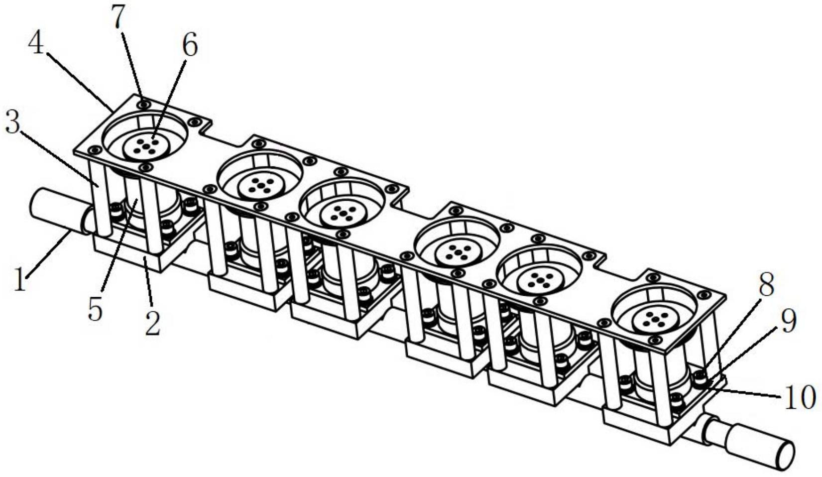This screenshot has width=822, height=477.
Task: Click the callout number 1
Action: click(20, 279)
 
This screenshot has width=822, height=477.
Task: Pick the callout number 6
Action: click(190, 44)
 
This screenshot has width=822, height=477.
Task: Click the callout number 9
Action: click(788, 320)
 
